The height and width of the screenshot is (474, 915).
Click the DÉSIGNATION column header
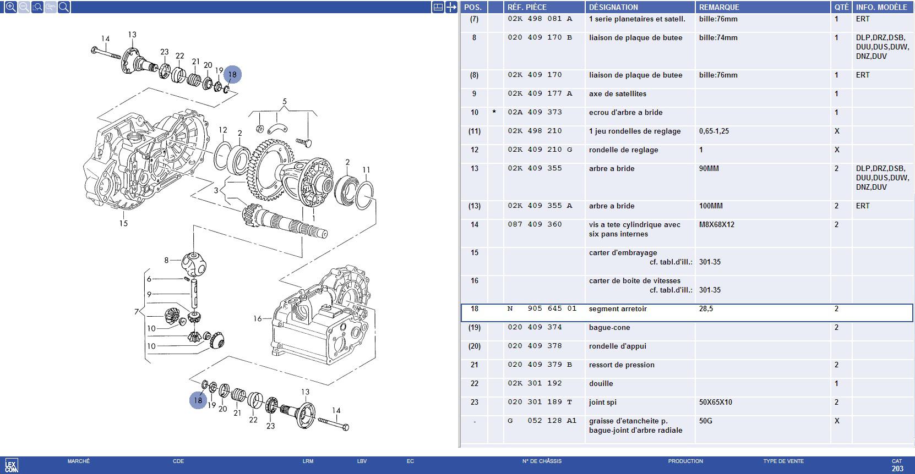click(613, 7)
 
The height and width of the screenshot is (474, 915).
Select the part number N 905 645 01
click(542, 308)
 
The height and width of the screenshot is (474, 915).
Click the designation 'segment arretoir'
click(618, 308)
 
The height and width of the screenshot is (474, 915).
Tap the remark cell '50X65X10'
click(715, 402)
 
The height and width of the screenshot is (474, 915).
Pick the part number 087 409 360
click(535, 224)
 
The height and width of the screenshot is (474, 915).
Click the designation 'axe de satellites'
click(617, 93)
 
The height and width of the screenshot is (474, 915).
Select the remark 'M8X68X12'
click(716, 224)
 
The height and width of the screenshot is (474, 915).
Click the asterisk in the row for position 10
click(494, 112)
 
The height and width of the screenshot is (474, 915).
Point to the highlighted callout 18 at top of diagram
click(232, 74)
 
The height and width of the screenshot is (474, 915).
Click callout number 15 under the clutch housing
click(123, 223)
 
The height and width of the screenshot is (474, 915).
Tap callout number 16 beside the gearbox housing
click(257, 318)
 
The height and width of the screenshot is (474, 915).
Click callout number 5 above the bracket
click(285, 101)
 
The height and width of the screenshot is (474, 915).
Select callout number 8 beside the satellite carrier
click(166, 260)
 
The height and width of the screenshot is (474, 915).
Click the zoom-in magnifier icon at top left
click(10, 7)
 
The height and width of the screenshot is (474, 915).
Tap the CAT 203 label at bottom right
click(897, 465)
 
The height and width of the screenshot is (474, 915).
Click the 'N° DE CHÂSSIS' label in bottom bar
click(542, 461)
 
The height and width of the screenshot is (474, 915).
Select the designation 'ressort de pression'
click(622, 365)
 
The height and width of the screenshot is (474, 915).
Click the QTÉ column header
click(841, 7)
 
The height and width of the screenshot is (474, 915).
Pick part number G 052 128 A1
click(542, 421)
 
